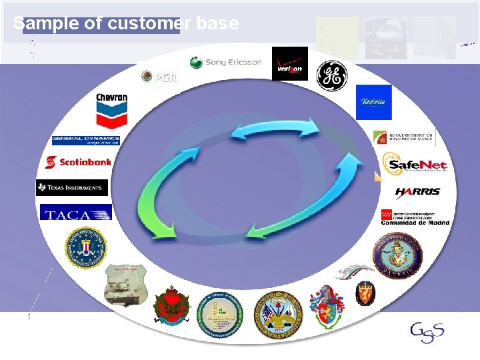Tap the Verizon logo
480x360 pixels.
pyautogui.click(x=290, y=64)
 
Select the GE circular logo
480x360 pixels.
pyautogui.click(x=331, y=75)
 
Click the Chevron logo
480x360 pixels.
pyautogui.click(x=111, y=109)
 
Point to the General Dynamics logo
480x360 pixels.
pyautogui.click(x=86, y=141)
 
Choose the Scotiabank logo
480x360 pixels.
pyautogui.click(x=78, y=162)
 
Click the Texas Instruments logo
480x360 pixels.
pyautogui.click(x=72, y=188)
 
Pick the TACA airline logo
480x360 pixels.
pyautogui.click(x=75, y=213)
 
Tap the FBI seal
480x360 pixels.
pyautogui.click(x=86, y=247)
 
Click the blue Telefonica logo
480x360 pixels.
pyautogui.click(x=373, y=102)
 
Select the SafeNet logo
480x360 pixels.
pyautogui.click(x=414, y=165)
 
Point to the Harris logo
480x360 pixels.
pyautogui.click(x=417, y=192)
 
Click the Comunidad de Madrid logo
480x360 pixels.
pyautogui.click(x=414, y=217)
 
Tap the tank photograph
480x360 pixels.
pyautogui.click(x=125, y=283)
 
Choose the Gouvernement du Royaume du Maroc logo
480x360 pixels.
pyautogui.click(x=404, y=137)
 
